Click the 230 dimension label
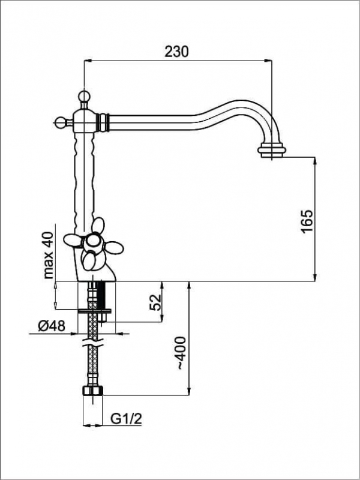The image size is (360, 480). (x=176, y=52)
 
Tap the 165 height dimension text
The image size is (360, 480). (x=307, y=221)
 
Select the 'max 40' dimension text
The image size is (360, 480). (x=48, y=255)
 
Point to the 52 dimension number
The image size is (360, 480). (x=155, y=302)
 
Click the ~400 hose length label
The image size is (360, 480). (x=181, y=353)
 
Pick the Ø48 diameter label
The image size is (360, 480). (x=52, y=326)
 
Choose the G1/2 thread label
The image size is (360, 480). (x=126, y=419)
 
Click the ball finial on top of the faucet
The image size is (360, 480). (x=83, y=96)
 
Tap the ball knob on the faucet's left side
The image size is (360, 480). (x=60, y=122)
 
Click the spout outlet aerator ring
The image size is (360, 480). (x=272, y=151)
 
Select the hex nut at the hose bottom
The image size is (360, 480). (x=93, y=391)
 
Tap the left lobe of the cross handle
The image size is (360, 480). (x=72, y=240)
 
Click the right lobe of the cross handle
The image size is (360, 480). (x=114, y=247)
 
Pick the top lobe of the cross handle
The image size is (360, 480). (x=98, y=226)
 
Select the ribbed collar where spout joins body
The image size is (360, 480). (x=103, y=122)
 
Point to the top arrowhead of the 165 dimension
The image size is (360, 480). (x=314, y=161)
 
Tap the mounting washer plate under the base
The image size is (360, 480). (x=95, y=311)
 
